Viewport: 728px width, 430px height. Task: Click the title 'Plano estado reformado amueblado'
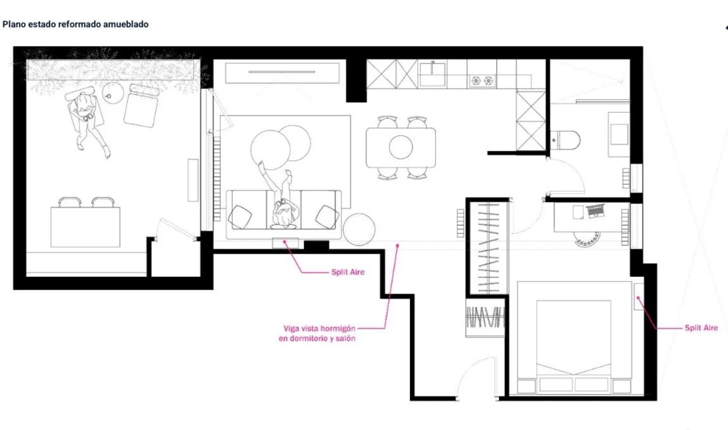75,24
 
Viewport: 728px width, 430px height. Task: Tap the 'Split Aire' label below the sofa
348,272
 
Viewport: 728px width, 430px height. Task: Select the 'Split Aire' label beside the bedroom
701,328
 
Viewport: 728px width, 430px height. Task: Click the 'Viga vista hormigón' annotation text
319,328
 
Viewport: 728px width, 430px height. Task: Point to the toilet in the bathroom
565,140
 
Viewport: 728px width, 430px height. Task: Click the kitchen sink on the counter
432,74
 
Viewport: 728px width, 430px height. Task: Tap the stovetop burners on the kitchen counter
482,81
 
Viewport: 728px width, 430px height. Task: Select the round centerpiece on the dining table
401,147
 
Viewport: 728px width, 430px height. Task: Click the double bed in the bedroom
574,338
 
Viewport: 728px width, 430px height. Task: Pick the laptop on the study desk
596,211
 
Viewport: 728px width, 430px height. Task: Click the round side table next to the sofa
359,229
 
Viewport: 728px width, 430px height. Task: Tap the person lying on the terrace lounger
88,120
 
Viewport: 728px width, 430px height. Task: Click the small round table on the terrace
113,93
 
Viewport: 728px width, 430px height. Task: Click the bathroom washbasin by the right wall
619,134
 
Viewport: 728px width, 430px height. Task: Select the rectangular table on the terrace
85,227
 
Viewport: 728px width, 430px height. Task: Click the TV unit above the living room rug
282,73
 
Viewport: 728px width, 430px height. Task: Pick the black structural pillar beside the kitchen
356,80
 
